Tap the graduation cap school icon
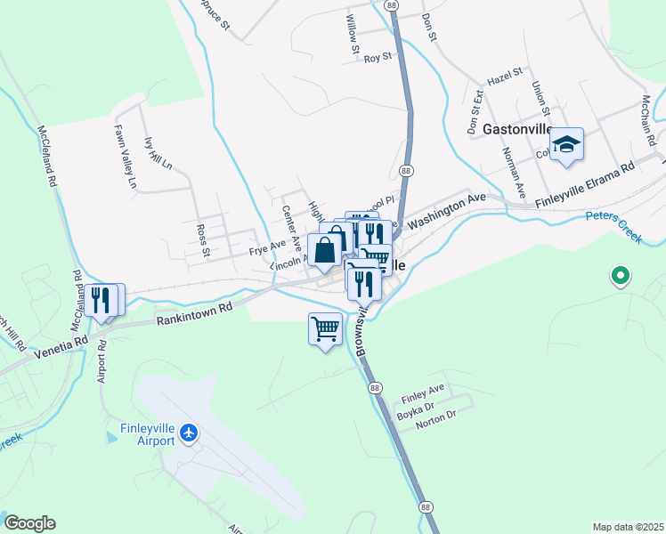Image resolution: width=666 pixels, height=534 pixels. pos(566,145)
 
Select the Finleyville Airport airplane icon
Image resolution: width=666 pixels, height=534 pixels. pos(188,433)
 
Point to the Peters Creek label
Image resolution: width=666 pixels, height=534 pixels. pos(613,227)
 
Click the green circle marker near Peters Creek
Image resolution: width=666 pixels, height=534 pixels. pos(621,277)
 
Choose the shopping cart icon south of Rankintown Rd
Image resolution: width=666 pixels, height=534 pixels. pos(325,329)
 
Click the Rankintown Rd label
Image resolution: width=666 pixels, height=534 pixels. pos(194,311)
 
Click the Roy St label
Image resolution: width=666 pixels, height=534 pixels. pos(378,58)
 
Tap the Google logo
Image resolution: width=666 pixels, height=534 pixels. pos(29,523)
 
